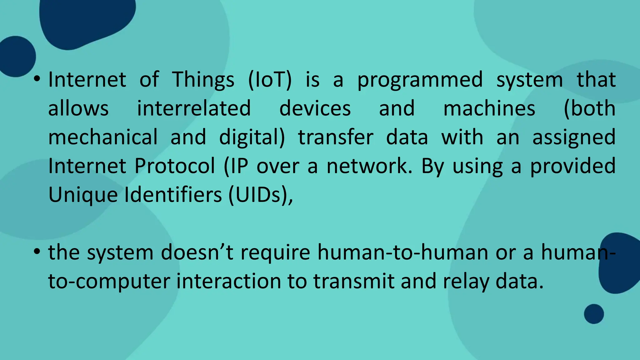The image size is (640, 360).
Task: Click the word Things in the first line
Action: pyautogui.click(x=203, y=80)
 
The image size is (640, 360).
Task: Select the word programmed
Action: pyautogui.click(x=420, y=80)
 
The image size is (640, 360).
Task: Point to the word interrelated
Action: pyautogui.click(x=194, y=108)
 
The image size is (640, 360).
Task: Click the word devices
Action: pyautogui.click(x=315, y=108)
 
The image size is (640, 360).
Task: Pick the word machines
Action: pyautogui.click(x=489, y=108)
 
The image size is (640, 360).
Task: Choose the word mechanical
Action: pyautogui.click(x=103, y=137)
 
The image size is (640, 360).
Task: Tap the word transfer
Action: pyautogui.click(x=336, y=137)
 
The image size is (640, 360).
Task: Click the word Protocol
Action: pyautogui.click(x=175, y=166)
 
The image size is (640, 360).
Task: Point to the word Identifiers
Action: pyautogui.click(x=173, y=195)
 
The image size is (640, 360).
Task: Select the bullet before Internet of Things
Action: pyautogui.click(x=37, y=79)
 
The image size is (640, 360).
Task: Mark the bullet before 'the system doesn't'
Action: pyautogui.click(x=37, y=252)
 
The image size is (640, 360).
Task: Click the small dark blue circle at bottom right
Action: pyautogui.click(x=594, y=314)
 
